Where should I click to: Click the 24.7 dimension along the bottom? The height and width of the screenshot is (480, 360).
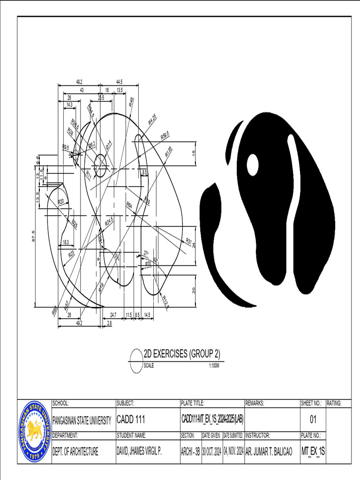point(113,315)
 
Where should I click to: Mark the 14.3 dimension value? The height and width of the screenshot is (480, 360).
point(69,105)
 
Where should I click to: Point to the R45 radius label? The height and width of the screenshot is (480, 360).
point(132,102)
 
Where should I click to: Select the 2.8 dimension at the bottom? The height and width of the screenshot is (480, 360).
point(109,323)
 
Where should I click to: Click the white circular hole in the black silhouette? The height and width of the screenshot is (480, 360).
point(253,165)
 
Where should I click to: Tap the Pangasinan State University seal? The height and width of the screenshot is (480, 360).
point(34,430)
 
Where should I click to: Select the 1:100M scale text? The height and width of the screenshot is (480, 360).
point(214,366)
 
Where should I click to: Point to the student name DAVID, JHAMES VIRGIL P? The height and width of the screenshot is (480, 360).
point(139,452)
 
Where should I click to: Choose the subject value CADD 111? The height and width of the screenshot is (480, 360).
point(131,420)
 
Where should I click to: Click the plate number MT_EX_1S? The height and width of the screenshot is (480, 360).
point(313,452)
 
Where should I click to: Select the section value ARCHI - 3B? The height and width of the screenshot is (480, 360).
point(190,452)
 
